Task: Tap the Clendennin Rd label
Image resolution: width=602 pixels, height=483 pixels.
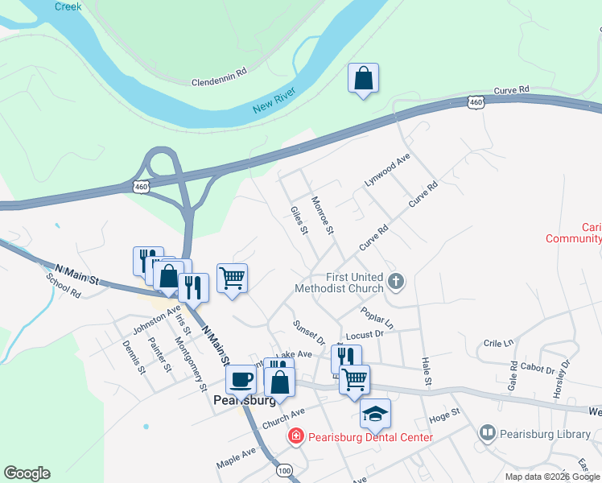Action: (x=219, y=80)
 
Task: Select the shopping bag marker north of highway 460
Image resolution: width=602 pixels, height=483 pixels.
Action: (x=364, y=79)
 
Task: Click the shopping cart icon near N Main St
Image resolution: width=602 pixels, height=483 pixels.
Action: (x=233, y=279)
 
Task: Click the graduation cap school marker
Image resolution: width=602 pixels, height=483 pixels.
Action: (x=375, y=414)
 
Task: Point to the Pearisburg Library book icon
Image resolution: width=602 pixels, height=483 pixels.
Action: (x=487, y=434)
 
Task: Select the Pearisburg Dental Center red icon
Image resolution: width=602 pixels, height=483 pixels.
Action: (x=296, y=437)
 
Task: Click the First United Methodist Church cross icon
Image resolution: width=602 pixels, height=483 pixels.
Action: (x=394, y=281)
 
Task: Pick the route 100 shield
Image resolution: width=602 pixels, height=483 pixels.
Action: (x=283, y=469)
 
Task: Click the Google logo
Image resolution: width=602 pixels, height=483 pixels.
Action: (x=27, y=473)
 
